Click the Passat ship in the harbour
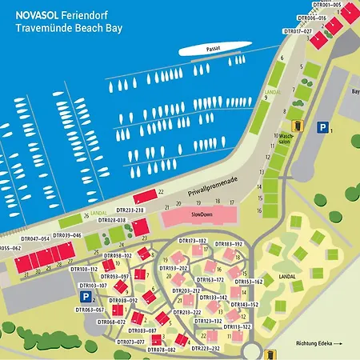pyautogui.click(x=211, y=50)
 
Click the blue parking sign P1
pyautogui.click(x=322, y=126)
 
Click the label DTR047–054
pyautogui.click(x=35, y=238)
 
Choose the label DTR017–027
pyautogui.click(x=298, y=30)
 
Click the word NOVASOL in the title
pyautogui.click(x=37, y=14)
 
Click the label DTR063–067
pyautogui.click(x=89, y=309)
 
